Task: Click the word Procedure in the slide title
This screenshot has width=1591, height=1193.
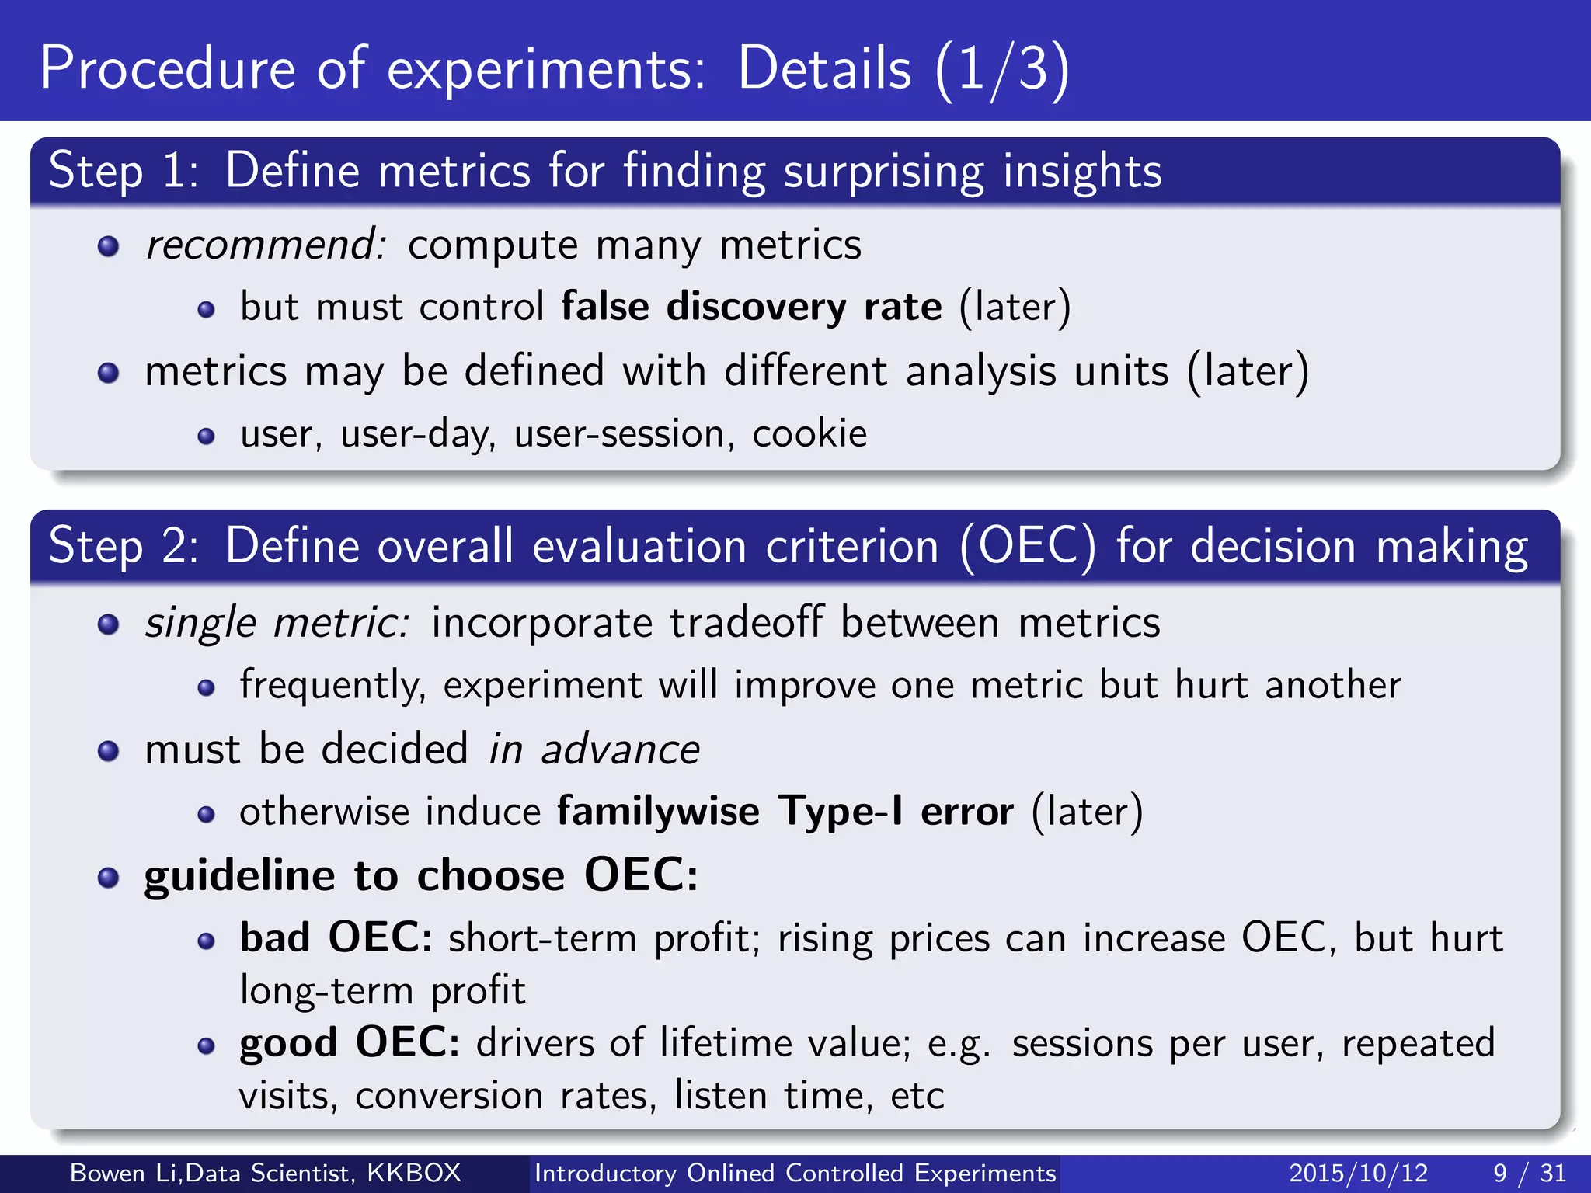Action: coord(167,70)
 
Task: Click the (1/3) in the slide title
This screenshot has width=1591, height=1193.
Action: coord(1002,70)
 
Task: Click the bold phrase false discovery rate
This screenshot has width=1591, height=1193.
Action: coord(751,307)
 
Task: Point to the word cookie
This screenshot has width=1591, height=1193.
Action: coord(809,433)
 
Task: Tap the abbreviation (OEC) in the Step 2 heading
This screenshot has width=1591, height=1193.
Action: coord(1028,547)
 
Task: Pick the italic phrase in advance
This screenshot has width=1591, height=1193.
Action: coord(594,750)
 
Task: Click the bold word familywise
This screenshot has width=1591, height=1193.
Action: coord(658,812)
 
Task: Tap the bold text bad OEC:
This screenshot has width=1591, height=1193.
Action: coord(336,938)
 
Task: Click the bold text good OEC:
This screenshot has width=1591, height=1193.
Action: coord(350,1043)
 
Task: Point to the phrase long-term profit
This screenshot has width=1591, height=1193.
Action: coord(382,991)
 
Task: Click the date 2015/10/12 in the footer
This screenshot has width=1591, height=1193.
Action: coord(1358,1173)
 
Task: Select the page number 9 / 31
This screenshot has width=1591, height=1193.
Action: coord(1529,1173)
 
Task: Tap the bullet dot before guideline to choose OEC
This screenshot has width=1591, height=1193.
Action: coord(108,878)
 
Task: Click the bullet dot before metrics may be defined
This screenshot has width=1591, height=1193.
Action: coord(108,374)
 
